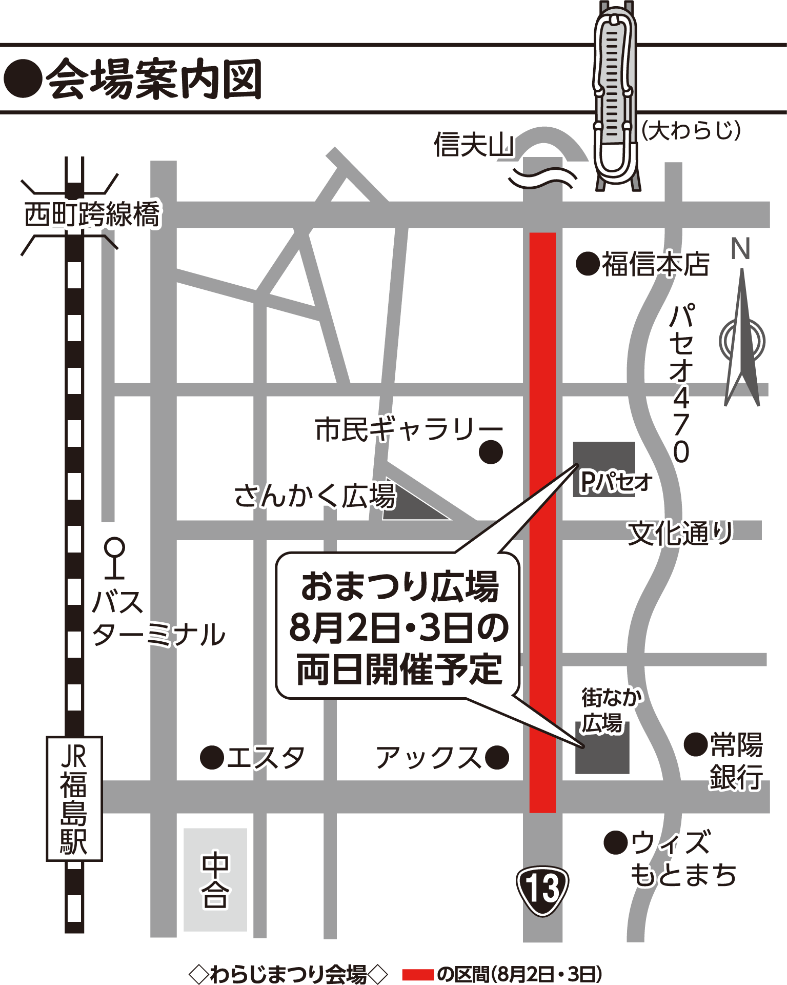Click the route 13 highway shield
click(542, 890)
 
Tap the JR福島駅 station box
click(74, 798)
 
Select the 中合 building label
click(215, 879)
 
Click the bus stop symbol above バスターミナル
click(114, 557)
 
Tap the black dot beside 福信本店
click(588, 264)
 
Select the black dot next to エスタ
click(212, 757)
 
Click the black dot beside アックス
click(496, 757)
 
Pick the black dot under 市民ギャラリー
click(491, 452)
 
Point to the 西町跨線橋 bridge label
click(92, 214)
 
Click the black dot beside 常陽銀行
click(696, 744)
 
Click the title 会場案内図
click(154, 79)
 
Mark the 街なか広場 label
click(610, 711)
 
